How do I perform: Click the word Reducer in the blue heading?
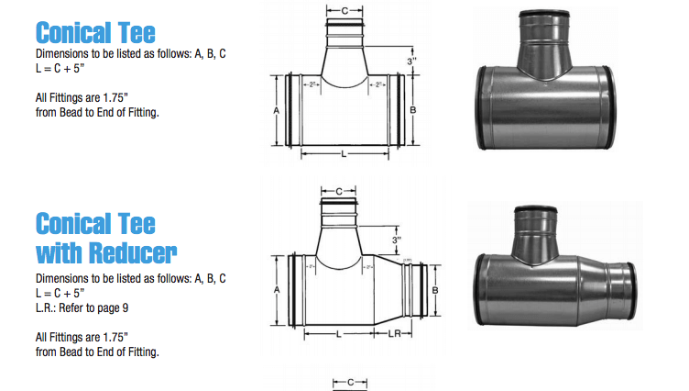pos(118,251)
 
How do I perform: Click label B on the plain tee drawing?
pos(415,109)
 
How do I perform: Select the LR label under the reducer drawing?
pos(395,334)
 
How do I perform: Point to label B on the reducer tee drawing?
pos(436,288)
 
